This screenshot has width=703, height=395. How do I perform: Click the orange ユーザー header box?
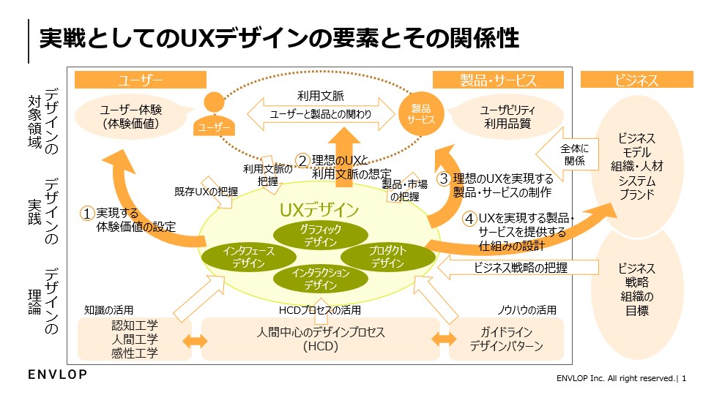(139, 80)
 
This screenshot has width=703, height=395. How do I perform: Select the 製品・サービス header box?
(499, 80)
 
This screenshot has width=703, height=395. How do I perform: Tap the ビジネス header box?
(636, 80)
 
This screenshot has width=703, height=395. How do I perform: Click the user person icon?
(213, 116)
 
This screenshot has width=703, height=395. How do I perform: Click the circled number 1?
(88, 213)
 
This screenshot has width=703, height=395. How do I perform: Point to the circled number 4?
(469, 219)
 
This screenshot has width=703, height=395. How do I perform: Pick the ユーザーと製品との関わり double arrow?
(320, 114)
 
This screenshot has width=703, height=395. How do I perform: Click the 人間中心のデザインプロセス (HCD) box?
(320, 339)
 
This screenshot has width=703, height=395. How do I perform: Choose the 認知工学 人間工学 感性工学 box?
(134, 339)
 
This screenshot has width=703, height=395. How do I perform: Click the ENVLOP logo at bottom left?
(58, 375)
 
